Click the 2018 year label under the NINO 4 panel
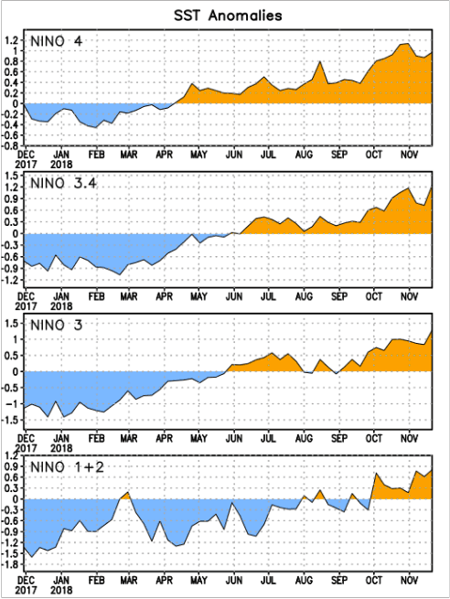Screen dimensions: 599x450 click(61, 166)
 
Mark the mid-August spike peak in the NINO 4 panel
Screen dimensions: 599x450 click(320, 62)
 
